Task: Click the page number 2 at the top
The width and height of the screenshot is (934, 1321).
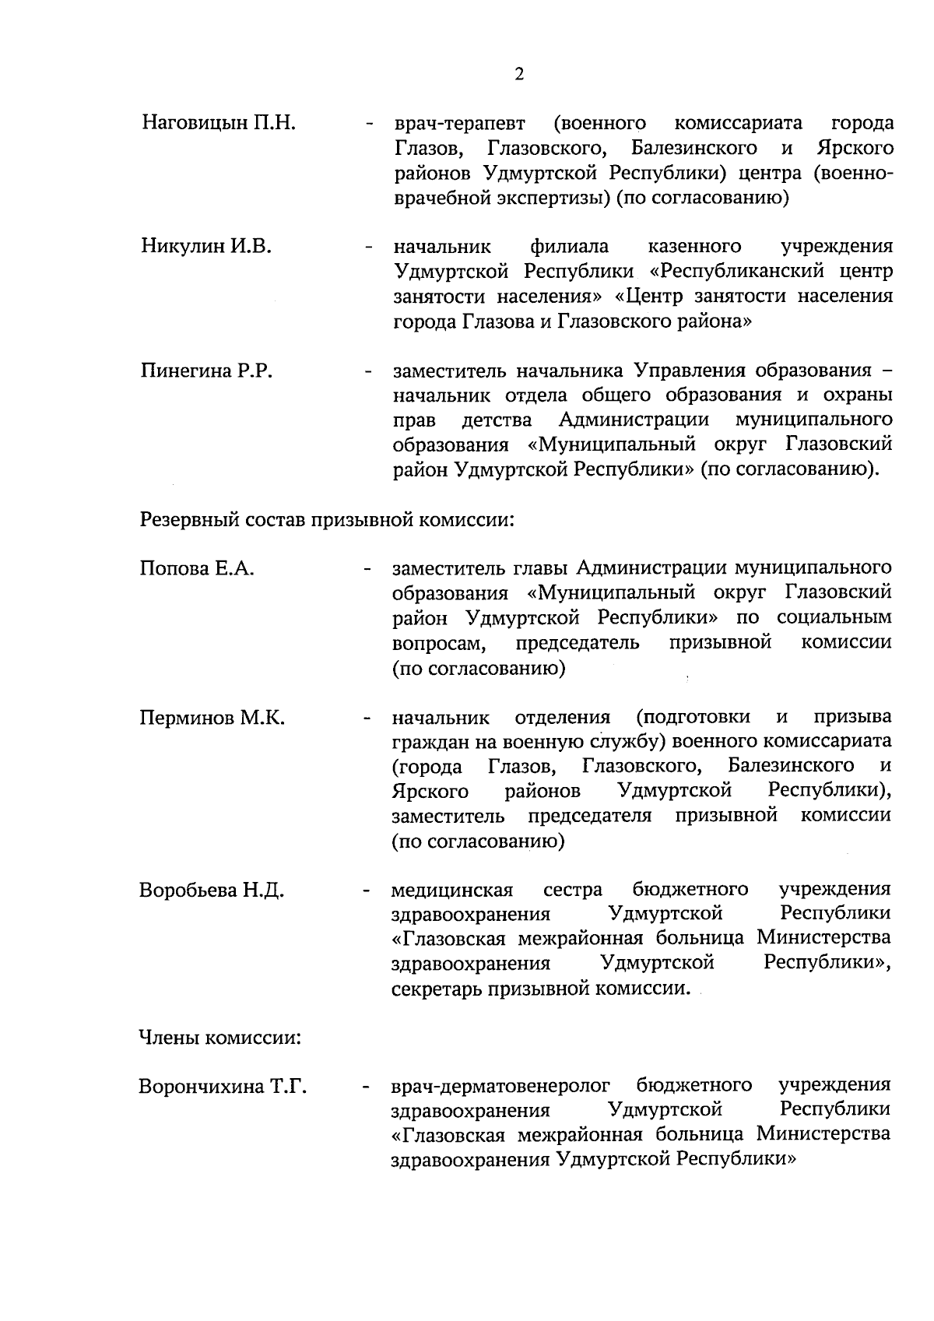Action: point(519,75)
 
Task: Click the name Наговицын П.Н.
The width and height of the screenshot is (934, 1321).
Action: point(219,123)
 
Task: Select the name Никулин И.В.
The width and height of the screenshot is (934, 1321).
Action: point(206,247)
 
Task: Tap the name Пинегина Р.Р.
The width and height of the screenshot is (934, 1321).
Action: point(206,371)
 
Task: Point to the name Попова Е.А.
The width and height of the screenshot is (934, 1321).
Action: point(198,568)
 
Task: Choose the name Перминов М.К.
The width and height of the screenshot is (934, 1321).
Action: point(212,717)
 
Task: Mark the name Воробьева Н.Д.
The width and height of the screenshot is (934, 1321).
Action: point(212,890)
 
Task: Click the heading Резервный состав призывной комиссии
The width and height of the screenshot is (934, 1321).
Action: point(327,519)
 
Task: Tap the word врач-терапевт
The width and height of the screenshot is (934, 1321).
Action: point(459,124)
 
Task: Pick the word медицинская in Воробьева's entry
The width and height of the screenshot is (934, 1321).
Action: point(452,890)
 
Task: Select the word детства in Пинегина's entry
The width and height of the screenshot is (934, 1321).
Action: point(497,421)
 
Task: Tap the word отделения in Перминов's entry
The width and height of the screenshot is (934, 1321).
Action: point(563,717)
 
